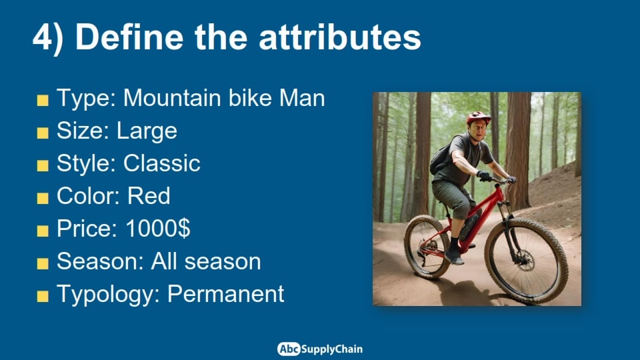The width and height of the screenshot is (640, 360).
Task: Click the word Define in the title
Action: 129,37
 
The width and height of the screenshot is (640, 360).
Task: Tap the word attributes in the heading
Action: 339,37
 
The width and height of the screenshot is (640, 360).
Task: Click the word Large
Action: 147,131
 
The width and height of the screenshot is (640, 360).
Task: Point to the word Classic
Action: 161,164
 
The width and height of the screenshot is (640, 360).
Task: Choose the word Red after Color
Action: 149,196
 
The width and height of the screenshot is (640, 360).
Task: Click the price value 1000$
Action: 158,229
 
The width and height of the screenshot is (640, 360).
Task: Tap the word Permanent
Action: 226,294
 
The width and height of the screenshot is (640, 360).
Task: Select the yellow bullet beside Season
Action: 43,263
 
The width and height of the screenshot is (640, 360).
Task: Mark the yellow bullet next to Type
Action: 43,100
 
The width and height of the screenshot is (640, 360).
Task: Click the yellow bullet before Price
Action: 43,231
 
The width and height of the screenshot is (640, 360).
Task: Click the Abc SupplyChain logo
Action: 319,349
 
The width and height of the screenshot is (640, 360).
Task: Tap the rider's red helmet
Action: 479,117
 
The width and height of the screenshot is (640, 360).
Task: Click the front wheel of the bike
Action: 527,261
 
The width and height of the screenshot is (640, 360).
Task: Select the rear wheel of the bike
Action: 427,247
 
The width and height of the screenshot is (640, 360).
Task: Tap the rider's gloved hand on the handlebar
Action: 485,176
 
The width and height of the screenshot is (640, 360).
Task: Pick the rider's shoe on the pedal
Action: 454,256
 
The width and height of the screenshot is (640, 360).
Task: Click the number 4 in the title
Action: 41,37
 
